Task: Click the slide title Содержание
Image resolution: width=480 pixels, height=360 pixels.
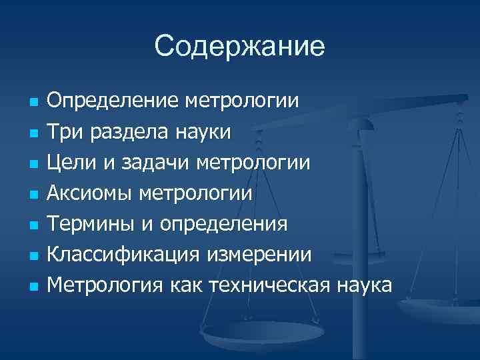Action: click(239, 47)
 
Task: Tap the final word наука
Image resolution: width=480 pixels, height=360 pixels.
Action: click(365, 285)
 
